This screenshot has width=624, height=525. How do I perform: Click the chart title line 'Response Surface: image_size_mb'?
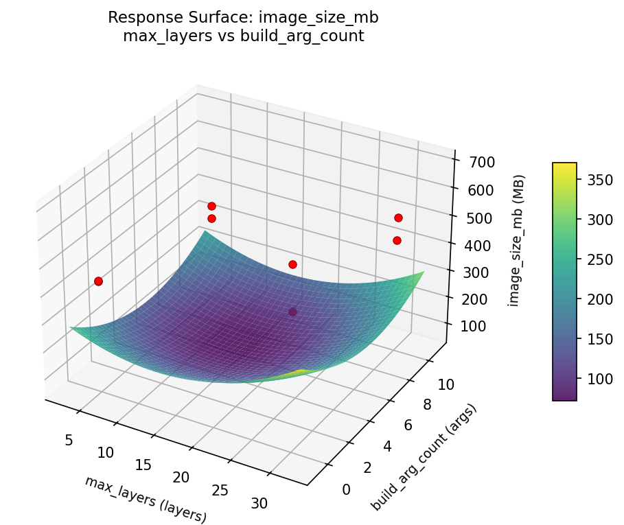pyautogui.click(x=243, y=18)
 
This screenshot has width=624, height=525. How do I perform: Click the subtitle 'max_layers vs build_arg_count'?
pyautogui.click(x=243, y=36)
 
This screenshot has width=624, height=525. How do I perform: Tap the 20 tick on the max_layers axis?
pyautogui.click(x=181, y=477)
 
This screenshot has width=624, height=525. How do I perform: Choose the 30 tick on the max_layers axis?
pyautogui.click(x=259, y=503)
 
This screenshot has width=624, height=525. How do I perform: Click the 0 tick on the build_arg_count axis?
pyautogui.click(x=346, y=489)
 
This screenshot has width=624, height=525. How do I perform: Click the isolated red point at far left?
pyautogui.click(x=98, y=281)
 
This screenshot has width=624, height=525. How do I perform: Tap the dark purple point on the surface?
pyautogui.click(x=293, y=312)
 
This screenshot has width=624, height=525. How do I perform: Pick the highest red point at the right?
pyautogui.click(x=398, y=218)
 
